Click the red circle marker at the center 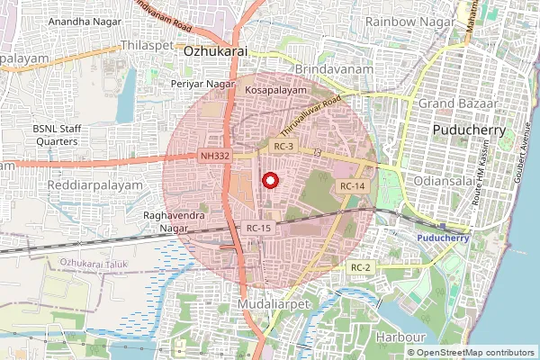coord(269,181)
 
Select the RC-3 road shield coord(283,145)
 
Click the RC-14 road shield coord(351,185)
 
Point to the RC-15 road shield coord(258,229)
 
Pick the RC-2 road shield coord(362,267)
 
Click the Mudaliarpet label coord(275,307)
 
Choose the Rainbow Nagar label coord(402,21)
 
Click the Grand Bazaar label coord(457,104)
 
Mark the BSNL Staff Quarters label coord(57,135)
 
